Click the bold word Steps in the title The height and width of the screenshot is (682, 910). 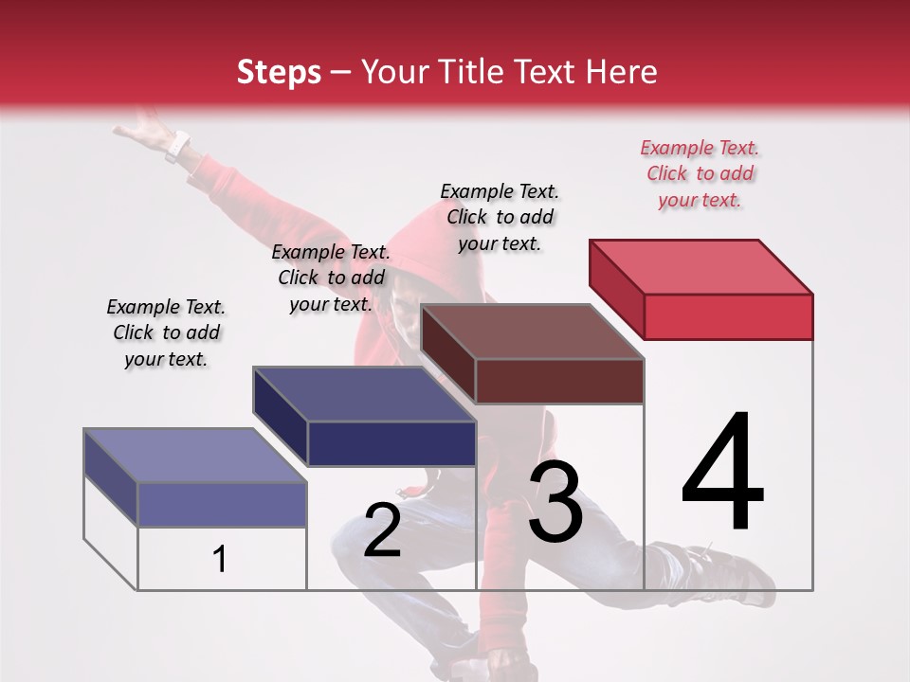(x=279, y=72)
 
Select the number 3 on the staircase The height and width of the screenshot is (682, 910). (x=555, y=502)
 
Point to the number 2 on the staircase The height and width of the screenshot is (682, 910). (x=382, y=530)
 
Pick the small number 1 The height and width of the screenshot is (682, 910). (x=220, y=560)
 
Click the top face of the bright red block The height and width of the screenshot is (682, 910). (x=701, y=267)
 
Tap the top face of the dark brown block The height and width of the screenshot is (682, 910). (x=531, y=332)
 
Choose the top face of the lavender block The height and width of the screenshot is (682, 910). (x=194, y=456)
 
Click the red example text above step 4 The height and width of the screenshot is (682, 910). (x=701, y=173)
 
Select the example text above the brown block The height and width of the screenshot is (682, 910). (x=500, y=217)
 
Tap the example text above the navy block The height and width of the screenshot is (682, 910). (x=331, y=278)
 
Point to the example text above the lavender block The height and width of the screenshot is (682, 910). (x=166, y=332)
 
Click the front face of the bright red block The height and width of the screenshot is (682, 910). (x=728, y=316)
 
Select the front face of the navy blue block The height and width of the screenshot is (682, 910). (x=391, y=443)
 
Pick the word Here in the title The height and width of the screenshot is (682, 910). (x=623, y=72)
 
